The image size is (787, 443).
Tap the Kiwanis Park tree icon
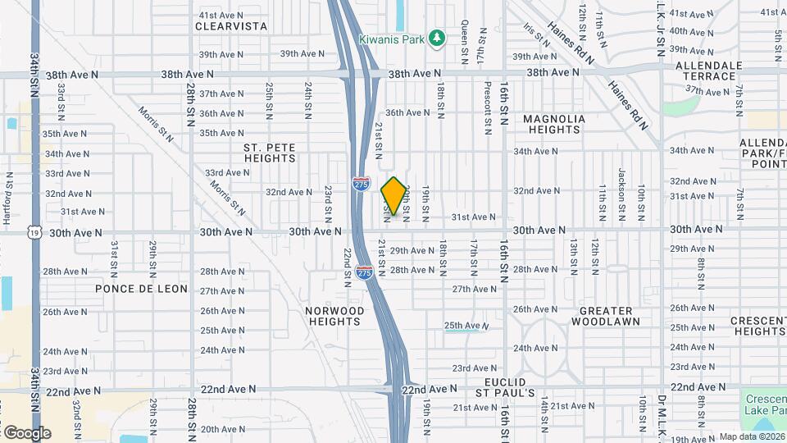coord(438,38)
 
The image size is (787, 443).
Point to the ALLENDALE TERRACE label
coord(709,71)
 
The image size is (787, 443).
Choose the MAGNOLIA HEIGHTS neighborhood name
coord(554,124)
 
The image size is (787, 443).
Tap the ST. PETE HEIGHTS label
coord(269,153)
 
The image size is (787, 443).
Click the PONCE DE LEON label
coord(141,289)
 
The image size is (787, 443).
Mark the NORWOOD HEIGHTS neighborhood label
coord(334,316)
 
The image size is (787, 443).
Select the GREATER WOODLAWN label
coord(606,316)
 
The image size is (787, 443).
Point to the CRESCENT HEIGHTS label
coord(760,326)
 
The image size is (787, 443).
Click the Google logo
coord(27,432)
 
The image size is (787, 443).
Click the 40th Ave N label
coord(689,31)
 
